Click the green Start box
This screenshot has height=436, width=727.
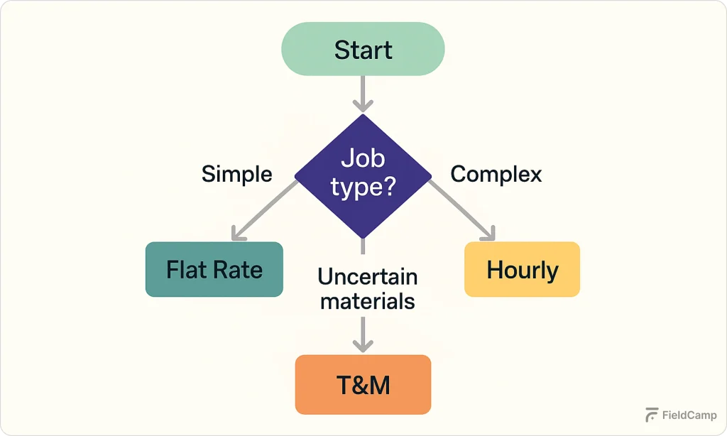(x=363, y=49)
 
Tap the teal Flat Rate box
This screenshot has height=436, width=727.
(x=214, y=269)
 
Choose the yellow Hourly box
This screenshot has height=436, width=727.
(x=522, y=269)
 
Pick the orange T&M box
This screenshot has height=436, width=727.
(x=363, y=384)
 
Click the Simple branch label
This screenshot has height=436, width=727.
(x=236, y=174)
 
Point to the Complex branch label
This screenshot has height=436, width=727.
(x=496, y=174)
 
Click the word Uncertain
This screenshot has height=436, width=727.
(x=367, y=276)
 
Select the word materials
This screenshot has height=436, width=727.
(x=367, y=301)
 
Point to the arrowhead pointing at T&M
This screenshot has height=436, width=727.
(x=363, y=345)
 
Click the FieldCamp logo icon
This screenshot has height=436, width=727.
(x=651, y=415)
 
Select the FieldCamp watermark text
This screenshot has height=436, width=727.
(x=689, y=415)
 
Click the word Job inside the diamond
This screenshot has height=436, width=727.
(x=363, y=157)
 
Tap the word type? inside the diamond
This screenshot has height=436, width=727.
(x=363, y=188)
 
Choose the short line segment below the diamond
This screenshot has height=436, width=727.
(x=363, y=246)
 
